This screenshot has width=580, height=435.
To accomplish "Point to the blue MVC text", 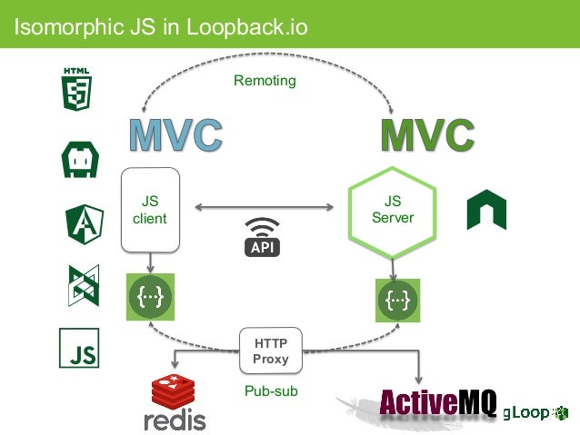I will tap(175, 135).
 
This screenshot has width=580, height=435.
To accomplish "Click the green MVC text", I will tap(427, 135).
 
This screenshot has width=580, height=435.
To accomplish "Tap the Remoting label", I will tap(265, 81).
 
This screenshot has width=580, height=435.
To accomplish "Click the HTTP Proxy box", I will tap(270, 351).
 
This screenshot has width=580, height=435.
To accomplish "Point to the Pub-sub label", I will tap(270, 391).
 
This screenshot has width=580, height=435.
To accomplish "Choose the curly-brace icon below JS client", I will tap(150, 297).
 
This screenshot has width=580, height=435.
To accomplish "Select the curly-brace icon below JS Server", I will tap(397, 298).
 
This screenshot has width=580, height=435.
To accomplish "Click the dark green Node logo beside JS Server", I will tap(485, 211).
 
